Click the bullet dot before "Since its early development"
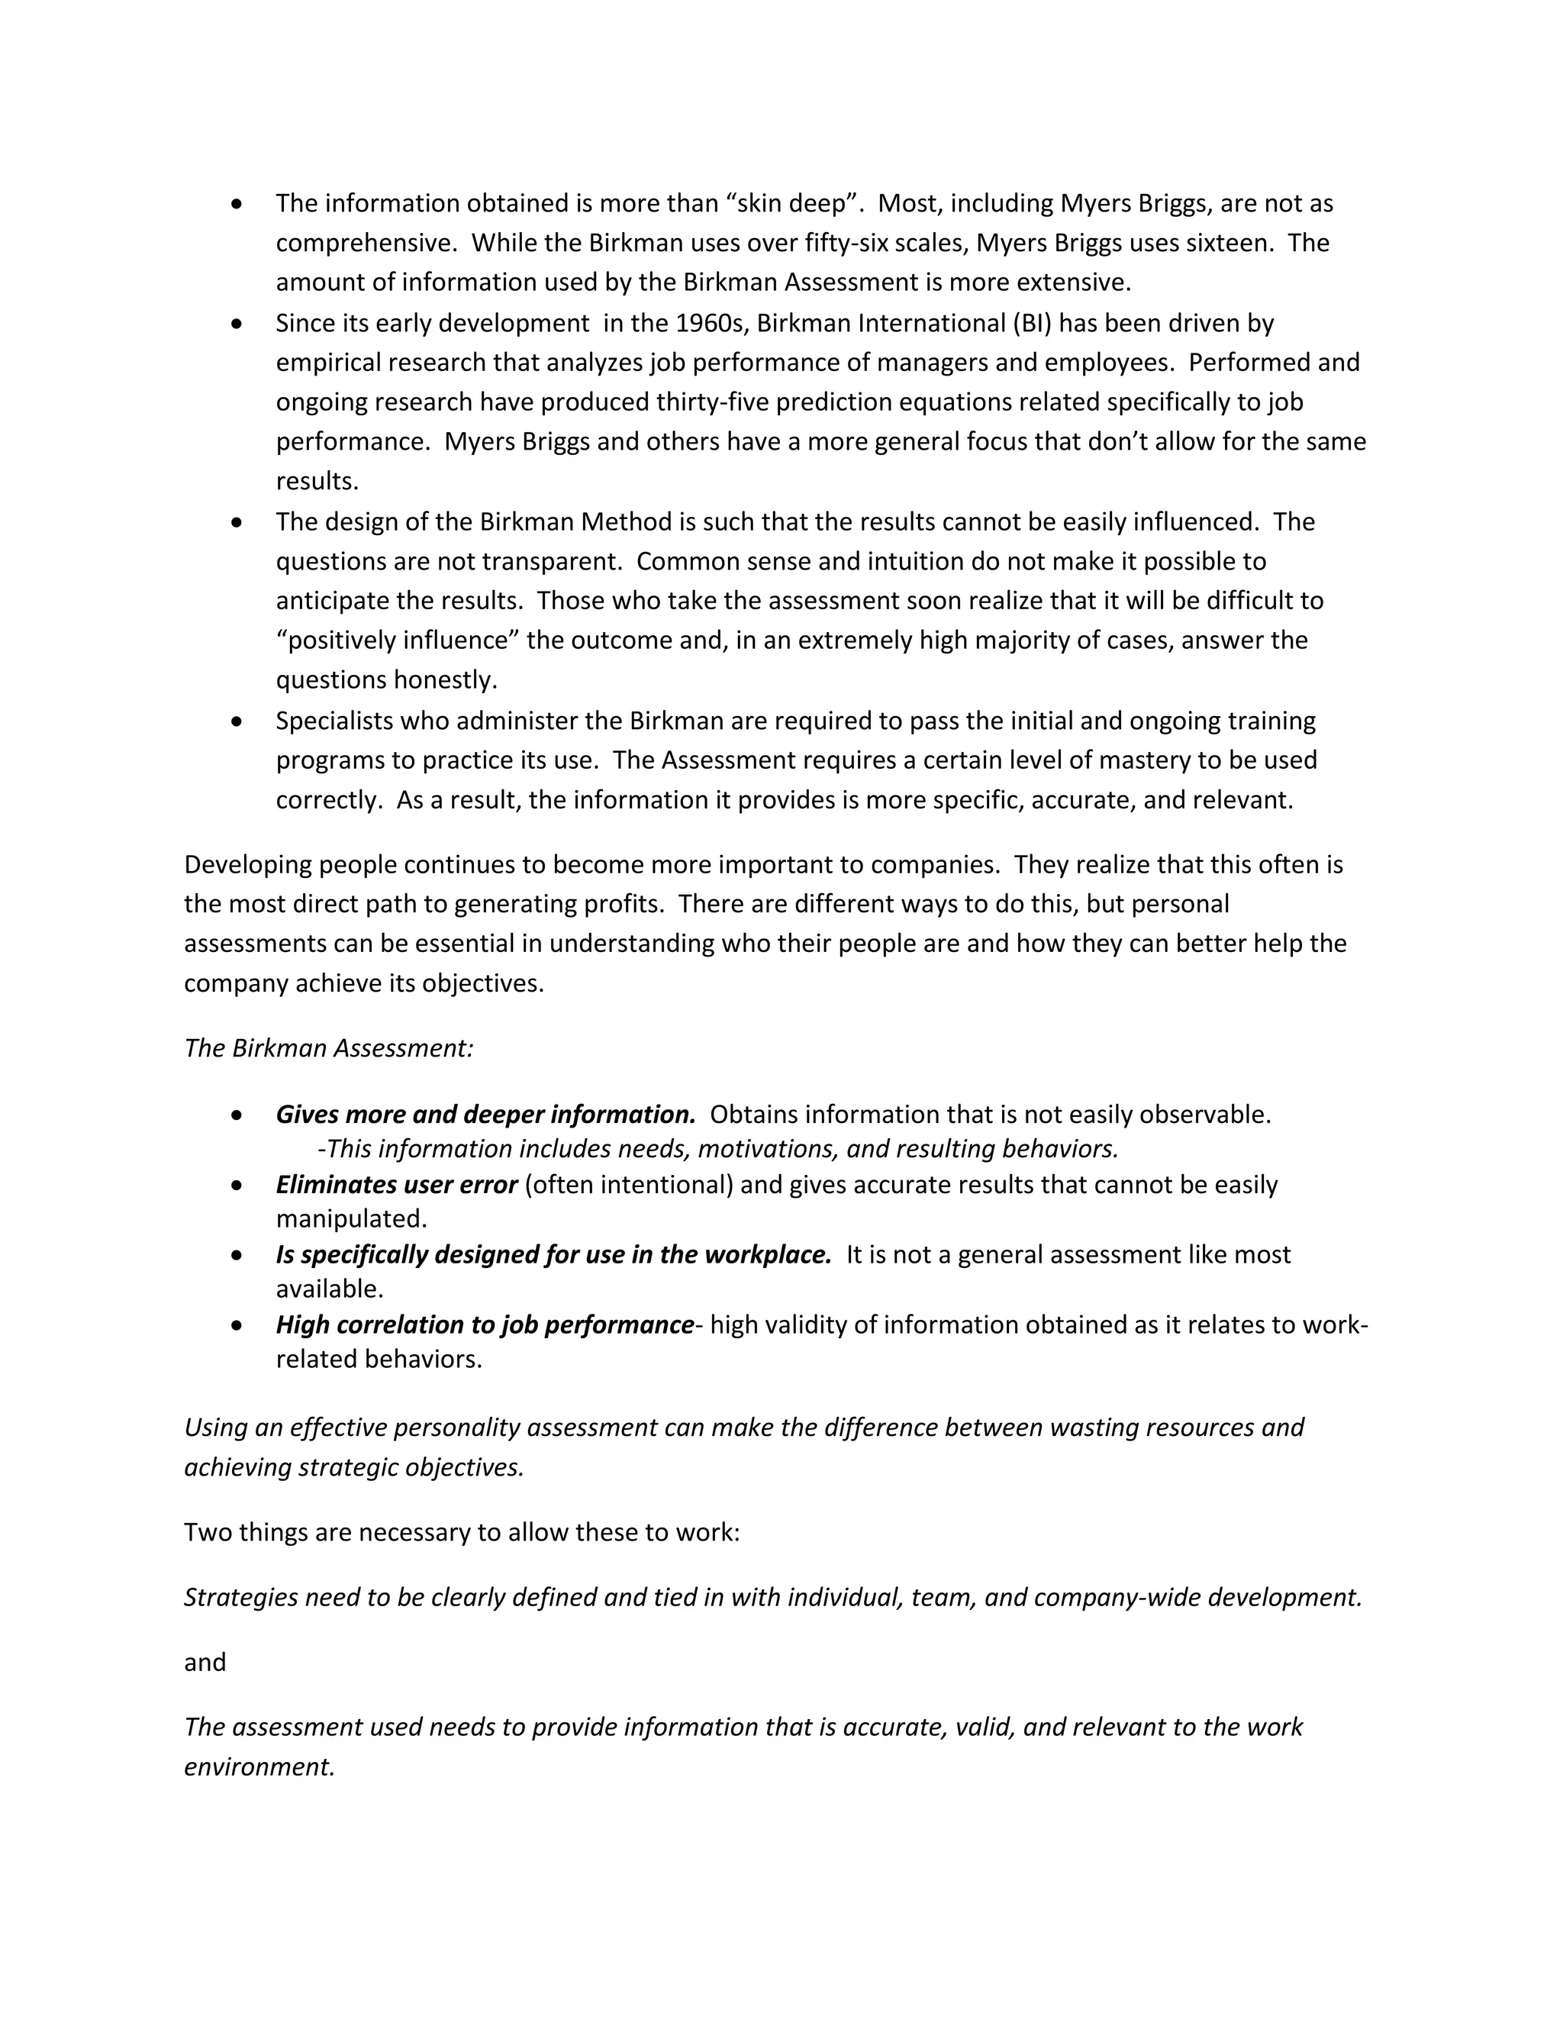click(x=238, y=323)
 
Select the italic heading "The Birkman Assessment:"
click(x=329, y=1047)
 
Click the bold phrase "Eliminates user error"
click(x=395, y=1185)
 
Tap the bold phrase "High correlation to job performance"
click(x=485, y=1324)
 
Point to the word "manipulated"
click(x=350, y=1218)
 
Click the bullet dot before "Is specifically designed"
click(x=238, y=1255)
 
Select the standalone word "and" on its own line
click(x=205, y=1662)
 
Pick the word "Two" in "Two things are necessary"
click(x=208, y=1532)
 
